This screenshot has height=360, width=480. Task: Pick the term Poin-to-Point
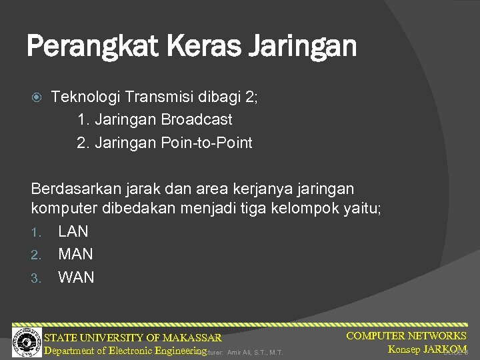pyautogui.click(x=207, y=143)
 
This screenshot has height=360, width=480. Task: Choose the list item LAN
pyautogui.click(x=73, y=231)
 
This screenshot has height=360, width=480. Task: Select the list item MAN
pyautogui.click(x=75, y=254)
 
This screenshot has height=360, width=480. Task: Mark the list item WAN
pyautogui.click(x=76, y=277)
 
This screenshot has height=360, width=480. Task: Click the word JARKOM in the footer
pyautogui.click(x=444, y=349)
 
